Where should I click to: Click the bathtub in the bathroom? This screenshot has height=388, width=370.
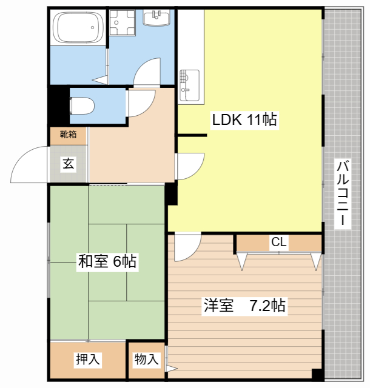[x=78, y=27]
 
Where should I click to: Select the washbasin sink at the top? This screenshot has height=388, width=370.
[x=156, y=18]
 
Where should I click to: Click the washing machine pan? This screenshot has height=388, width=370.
[x=123, y=22]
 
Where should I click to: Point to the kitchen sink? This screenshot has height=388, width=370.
[x=189, y=85]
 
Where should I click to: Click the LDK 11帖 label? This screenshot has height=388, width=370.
[x=244, y=119]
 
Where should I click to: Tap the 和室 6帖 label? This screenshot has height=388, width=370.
[x=107, y=261]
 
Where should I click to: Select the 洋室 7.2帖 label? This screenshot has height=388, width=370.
[x=244, y=306]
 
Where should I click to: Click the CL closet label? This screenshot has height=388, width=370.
[x=279, y=242]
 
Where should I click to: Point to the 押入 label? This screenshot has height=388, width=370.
[x=88, y=359]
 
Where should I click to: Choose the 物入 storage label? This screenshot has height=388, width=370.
[x=147, y=359]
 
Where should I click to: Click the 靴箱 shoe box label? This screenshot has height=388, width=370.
[x=68, y=135]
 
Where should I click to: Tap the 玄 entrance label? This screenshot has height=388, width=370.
[x=68, y=164]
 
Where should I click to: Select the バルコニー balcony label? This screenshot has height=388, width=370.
[x=343, y=194]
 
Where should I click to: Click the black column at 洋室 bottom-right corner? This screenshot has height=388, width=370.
[x=317, y=373]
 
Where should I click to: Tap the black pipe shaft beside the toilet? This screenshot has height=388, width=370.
[x=59, y=105]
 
